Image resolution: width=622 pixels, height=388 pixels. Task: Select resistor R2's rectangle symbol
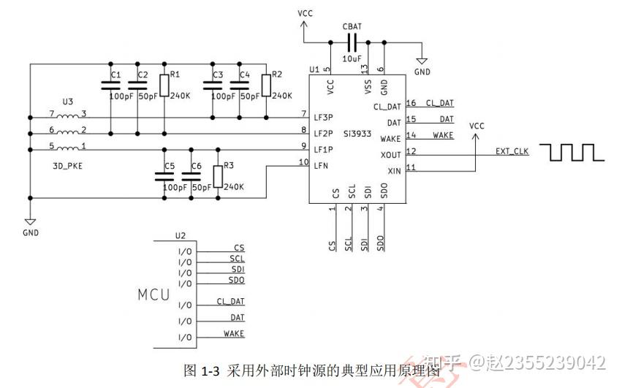tap(266, 84)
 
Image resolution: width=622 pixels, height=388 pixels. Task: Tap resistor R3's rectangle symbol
tap(217, 176)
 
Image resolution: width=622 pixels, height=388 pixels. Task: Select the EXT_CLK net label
tap(512, 151)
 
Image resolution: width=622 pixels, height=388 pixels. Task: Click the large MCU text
tap(154, 295)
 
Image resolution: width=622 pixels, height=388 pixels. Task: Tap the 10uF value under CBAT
tap(352, 58)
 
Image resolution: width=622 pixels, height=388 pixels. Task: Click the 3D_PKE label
tap(67, 166)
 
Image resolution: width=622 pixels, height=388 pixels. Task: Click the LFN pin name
tap(321, 166)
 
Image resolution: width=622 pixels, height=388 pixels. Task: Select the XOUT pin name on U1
tap(391, 155)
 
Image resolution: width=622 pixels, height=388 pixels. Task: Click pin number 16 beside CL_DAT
tap(411, 103)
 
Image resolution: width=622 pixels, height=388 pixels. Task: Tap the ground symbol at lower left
tap(30, 221)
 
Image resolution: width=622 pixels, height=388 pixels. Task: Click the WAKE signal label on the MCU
tap(234, 334)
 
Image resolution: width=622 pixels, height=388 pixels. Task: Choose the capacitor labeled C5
tap(163, 175)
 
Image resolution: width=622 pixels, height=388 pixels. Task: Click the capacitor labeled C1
tap(110, 84)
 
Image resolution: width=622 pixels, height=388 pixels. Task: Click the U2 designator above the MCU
tap(181, 236)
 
